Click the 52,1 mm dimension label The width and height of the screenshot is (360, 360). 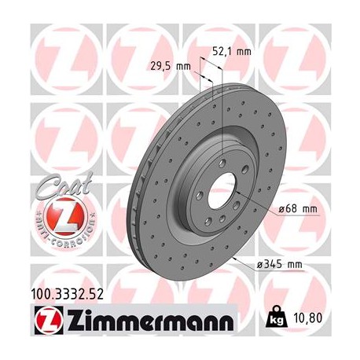232,52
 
